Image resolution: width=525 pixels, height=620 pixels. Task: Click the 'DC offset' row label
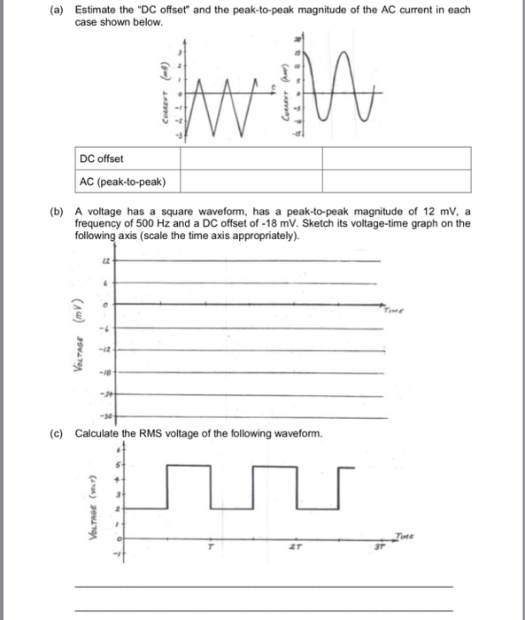(102, 159)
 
